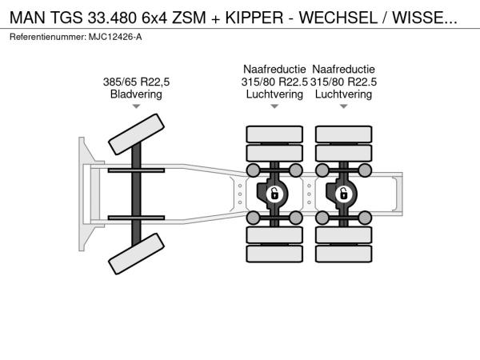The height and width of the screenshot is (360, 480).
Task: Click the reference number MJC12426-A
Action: [115, 37]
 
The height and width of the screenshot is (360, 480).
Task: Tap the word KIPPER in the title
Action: [254, 18]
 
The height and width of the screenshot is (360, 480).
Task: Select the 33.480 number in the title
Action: [112, 18]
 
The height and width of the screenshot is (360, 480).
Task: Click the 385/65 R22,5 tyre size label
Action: [136, 82]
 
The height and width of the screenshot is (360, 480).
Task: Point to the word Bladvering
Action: [136, 94]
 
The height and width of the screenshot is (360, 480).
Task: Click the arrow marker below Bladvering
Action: [136, 106]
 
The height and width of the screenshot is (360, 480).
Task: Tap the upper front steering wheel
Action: [136, 134]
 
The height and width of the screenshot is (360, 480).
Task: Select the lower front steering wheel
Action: [136, 254]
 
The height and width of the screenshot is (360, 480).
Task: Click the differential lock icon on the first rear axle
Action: [274, 194]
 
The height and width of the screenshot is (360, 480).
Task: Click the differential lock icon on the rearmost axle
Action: [343, 194]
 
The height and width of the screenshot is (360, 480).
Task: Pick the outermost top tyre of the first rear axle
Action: [274, 134]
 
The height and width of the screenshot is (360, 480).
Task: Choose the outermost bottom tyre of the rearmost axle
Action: [343, 254]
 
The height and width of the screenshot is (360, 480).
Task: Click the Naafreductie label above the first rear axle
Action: [274, 69]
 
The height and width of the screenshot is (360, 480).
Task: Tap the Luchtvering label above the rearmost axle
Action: [343, 94]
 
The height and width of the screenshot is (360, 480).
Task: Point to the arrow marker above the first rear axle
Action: [274, 106]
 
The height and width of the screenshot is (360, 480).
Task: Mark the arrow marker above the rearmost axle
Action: [343, 106]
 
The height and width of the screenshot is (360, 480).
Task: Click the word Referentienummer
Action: [48, 37]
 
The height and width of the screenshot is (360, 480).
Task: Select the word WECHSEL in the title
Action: [338, 18]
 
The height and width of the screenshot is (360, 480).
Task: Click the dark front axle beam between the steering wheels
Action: [136, 194]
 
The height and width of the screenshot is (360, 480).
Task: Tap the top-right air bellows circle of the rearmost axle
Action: [365, 170]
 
